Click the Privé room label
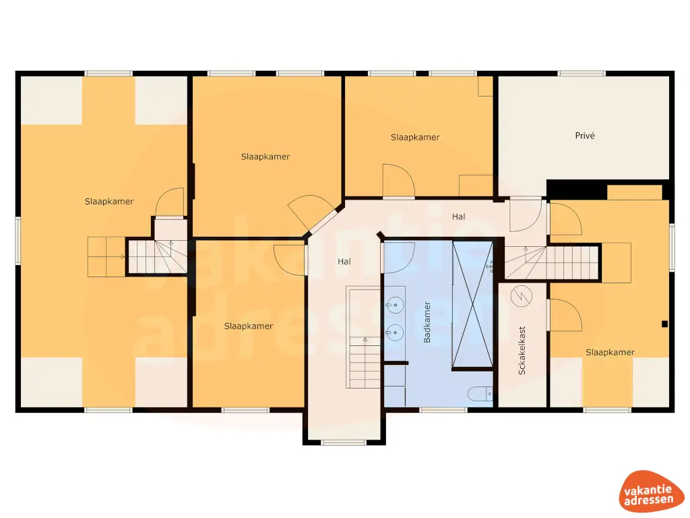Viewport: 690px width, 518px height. tap(585, 136)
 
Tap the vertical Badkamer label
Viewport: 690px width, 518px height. tap(427, 322)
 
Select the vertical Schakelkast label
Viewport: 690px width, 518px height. tap(522, 351)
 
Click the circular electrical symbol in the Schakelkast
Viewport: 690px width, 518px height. tap(520, 295)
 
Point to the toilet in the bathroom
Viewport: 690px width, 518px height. tap(480, 395)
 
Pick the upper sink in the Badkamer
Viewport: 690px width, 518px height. tap(396, 306)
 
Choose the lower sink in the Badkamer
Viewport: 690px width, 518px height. tap(396, 332)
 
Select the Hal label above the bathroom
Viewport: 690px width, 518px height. tap(459, 217)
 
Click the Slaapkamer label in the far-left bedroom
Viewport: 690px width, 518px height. tap(109, 201)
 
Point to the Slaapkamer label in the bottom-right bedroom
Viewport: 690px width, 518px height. tap(610, 352)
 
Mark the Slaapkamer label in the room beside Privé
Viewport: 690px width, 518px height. tap(415, 137)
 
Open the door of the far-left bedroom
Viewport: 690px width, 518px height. tap(169, 203)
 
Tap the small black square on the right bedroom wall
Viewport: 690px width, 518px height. tap(665, 323)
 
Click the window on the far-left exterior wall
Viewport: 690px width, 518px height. tap(18, 240)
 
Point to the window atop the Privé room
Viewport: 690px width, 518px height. tap(582, 73)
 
